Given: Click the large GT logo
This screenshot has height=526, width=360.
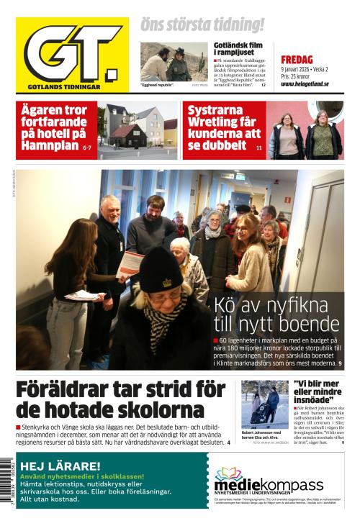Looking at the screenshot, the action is (72, 55).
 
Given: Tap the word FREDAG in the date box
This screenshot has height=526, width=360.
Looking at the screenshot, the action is (296, 60).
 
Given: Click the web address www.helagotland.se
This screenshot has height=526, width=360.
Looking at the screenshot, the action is (304, 83).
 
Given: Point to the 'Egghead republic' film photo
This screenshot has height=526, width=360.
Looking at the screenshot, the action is (174, 62).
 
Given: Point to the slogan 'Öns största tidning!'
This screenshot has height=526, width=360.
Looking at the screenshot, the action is (202, 24).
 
